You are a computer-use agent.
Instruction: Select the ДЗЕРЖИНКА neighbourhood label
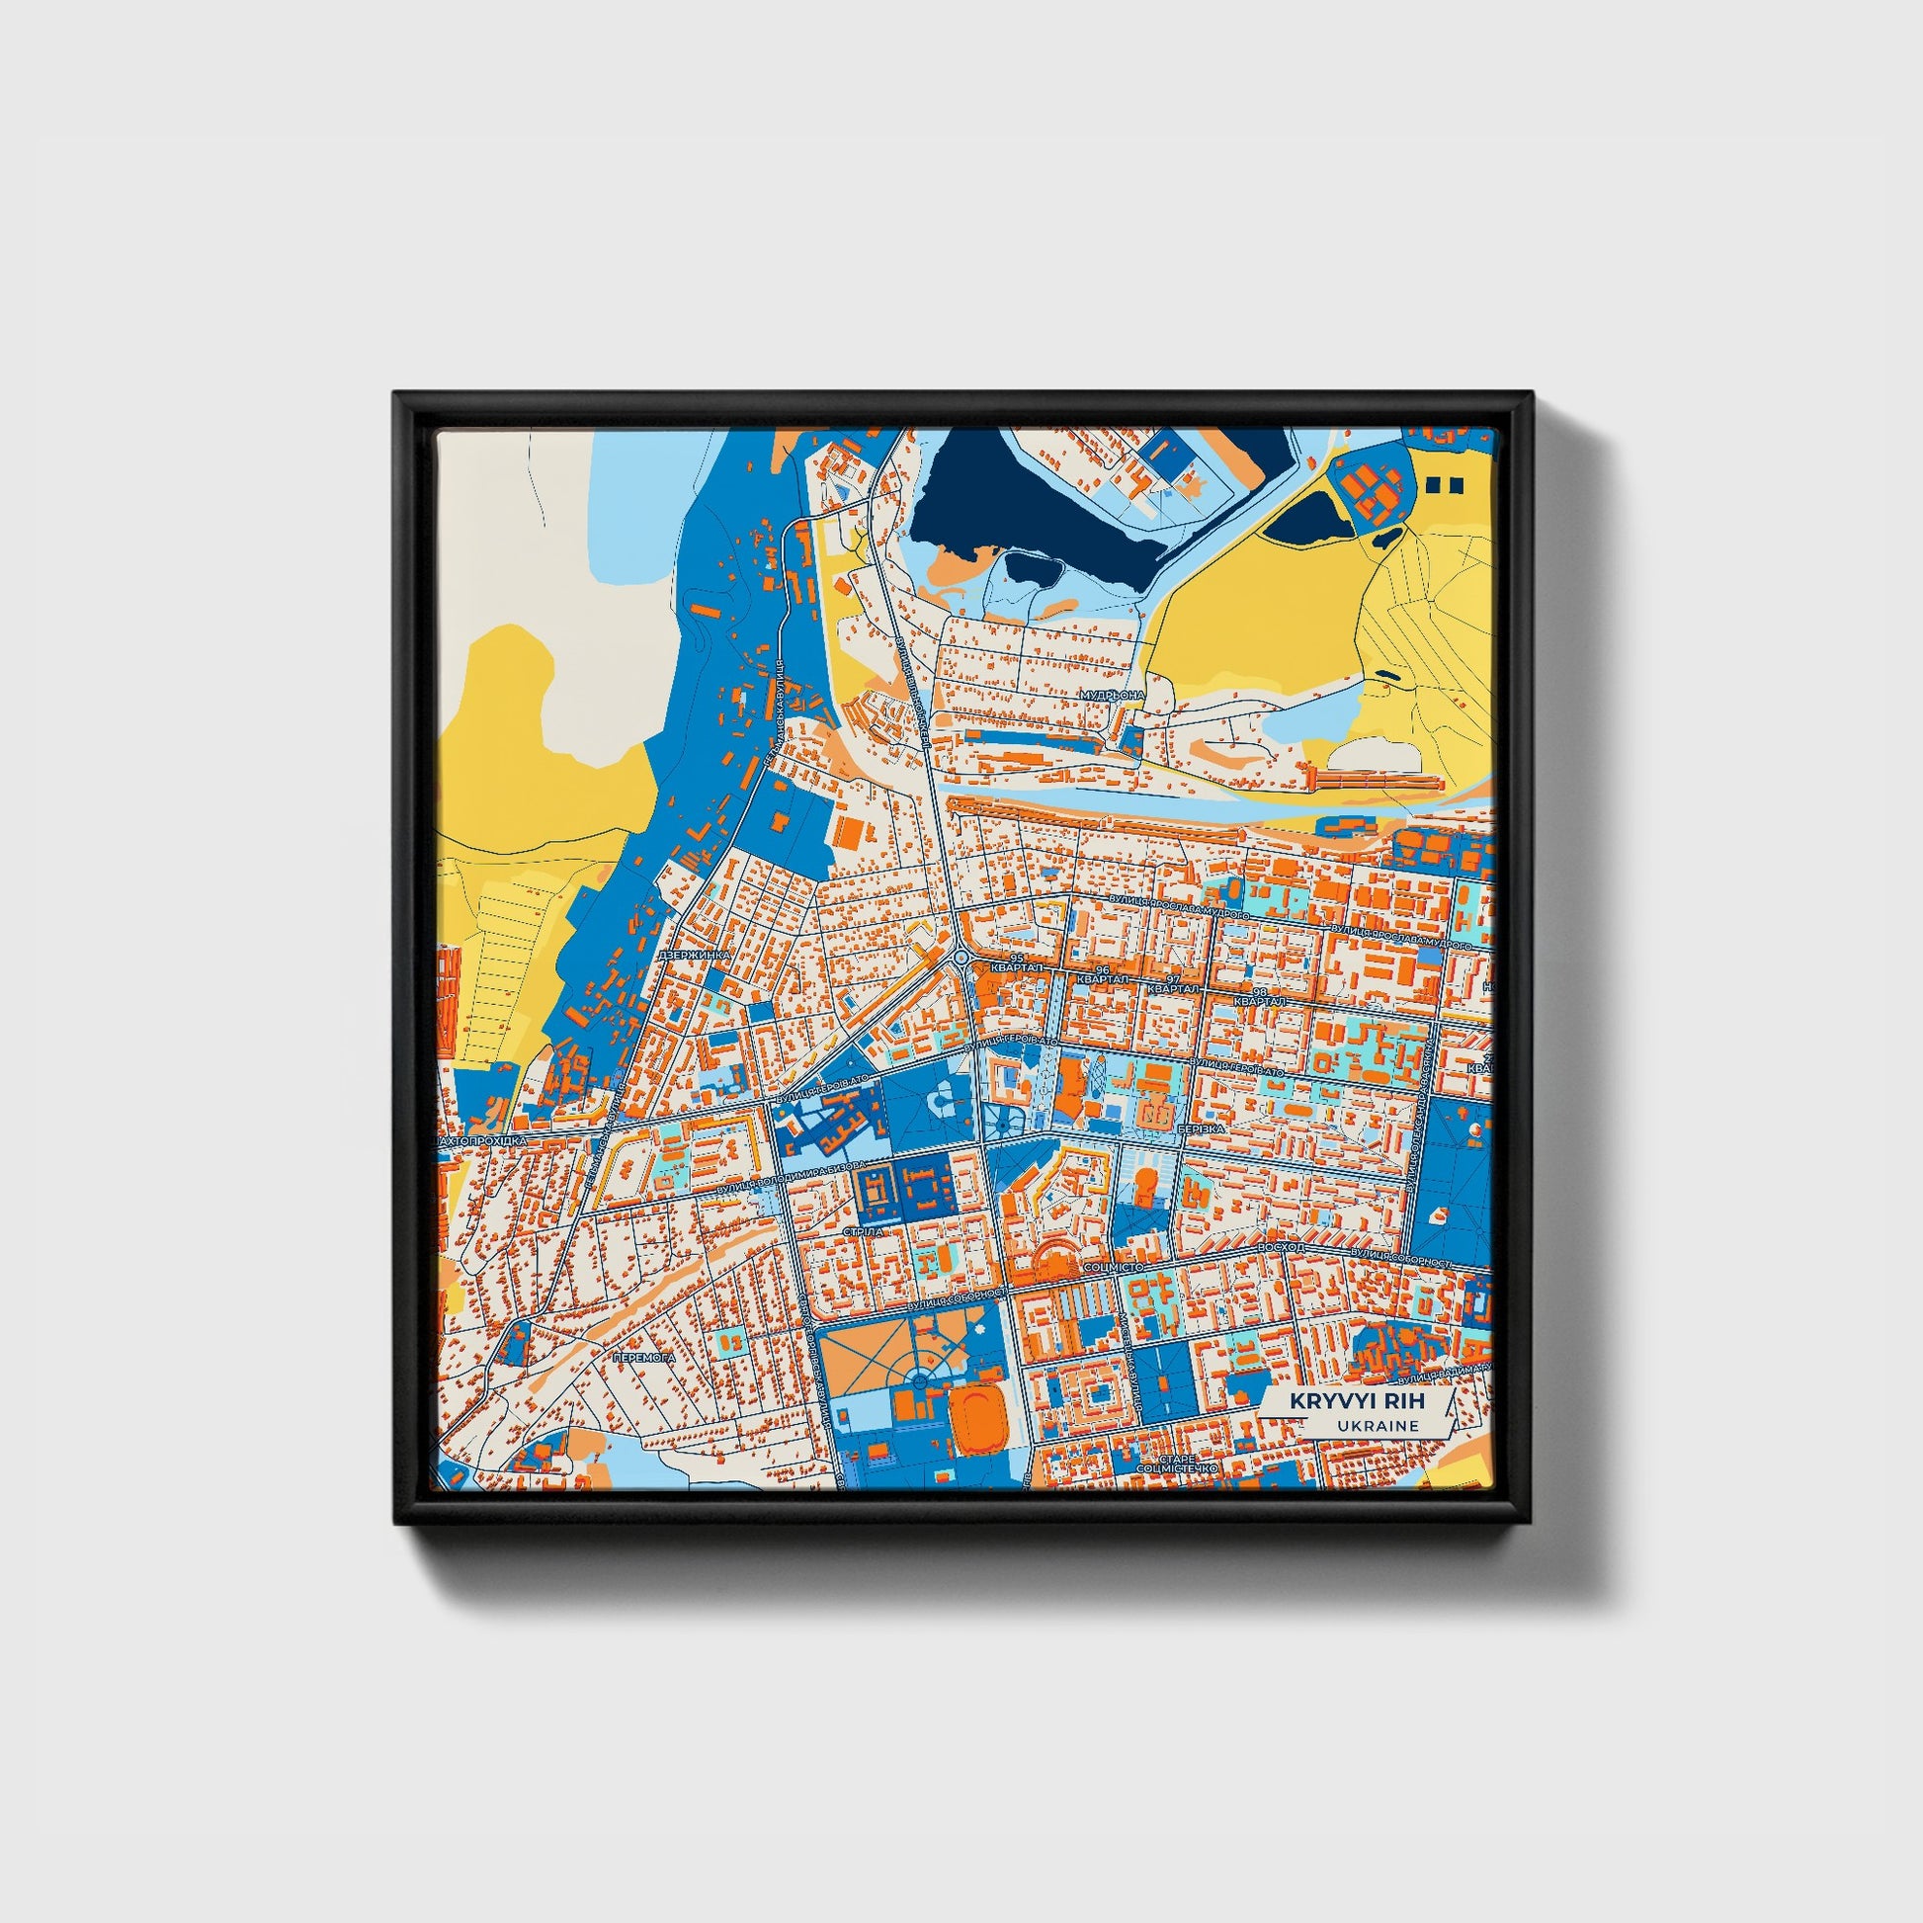tap(695, 955)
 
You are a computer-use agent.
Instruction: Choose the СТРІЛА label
tap(862, 1231)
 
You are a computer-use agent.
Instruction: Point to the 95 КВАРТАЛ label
tap(1014, 964)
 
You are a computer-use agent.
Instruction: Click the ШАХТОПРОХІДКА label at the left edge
tap(485, 1141)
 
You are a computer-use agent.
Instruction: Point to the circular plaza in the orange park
tap(917, 1380)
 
